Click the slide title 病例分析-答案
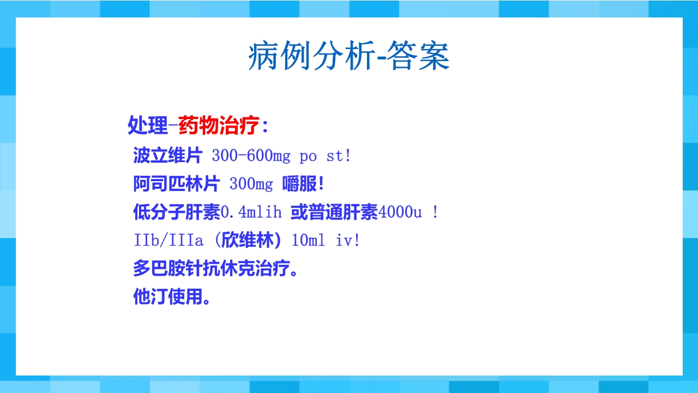point(349,56)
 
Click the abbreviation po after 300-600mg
point(308,157)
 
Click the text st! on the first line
point(338,156)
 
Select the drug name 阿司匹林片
point(176,184)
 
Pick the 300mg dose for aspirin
point(251,184)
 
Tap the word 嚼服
point(299,184)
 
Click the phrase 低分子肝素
point(176,212)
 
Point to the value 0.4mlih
point(251,212)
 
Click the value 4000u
point(400,212)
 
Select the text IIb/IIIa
point(168,241)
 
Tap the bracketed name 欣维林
point(250,241)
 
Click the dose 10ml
point(308,241)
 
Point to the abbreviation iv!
point(347,241)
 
